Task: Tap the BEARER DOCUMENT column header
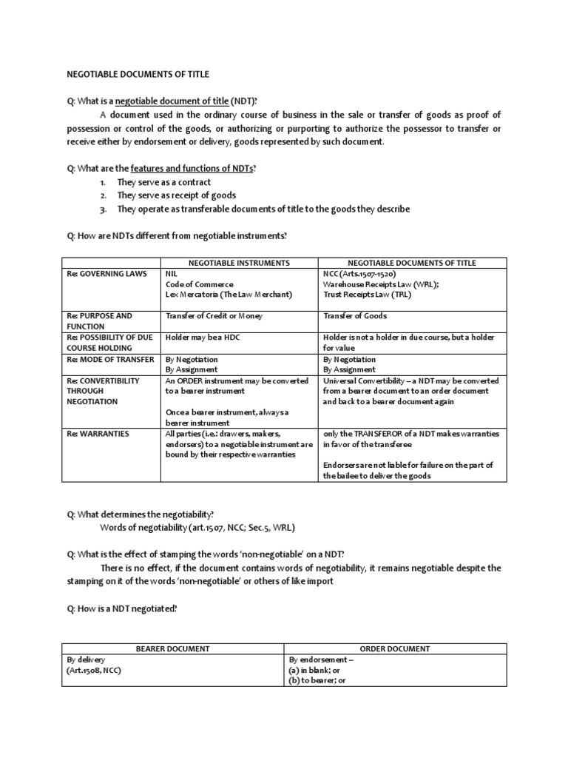coord(173,648)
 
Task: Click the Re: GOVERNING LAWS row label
coord(99,274)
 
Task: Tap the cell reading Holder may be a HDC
coord(203,338)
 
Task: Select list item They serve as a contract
coord(163,182)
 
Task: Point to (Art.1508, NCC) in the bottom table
coord(92,670)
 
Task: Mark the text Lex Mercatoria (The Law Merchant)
coord(229,295)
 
